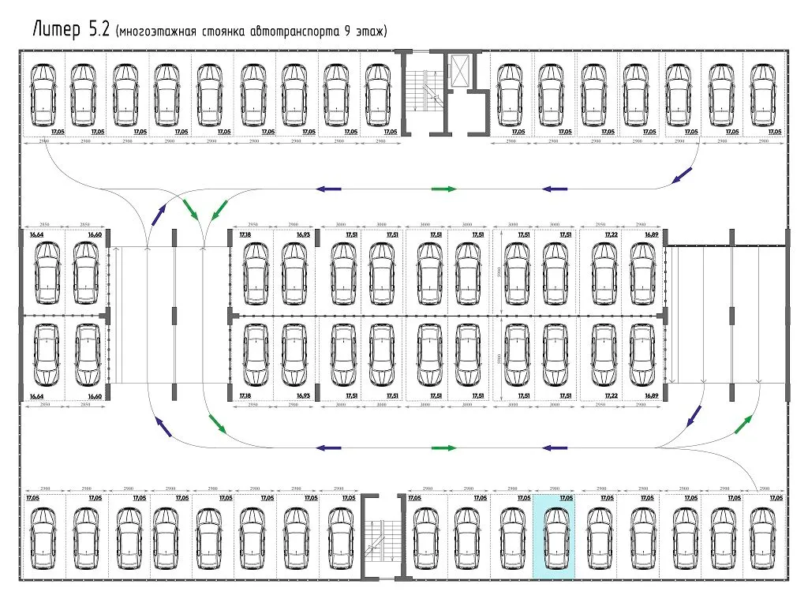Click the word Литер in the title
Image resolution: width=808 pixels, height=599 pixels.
pyautogui.click(x=55, y=30)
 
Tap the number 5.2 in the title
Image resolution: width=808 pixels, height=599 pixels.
pyautogui.click(x=99, y=30)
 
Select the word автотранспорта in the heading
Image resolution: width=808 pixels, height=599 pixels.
pyautogui.click(x=291, y=32)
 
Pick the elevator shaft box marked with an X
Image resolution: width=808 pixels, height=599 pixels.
pyautogui.click(x=458, y=69)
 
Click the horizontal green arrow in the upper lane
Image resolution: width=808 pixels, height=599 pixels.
pyautogui.click(x=443, y=189)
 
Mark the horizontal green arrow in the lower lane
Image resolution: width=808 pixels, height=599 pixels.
pyautogui.click(x=443, y=447)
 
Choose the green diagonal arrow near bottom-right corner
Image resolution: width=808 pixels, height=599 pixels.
pyautogui.click(x=743, y=425)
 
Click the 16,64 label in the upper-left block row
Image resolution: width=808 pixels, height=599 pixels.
pyautogui.click(x=36, y=234)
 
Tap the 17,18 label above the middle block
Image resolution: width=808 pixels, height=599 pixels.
pyautogui.click(x=245, y=234)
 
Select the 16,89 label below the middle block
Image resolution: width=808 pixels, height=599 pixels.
pyautogui.click(x=651, y=395)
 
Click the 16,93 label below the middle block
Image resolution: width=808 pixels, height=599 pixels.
pyautogui.click(x=304, y=395)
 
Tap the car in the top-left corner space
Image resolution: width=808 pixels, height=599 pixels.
pyautogui.click(x=43, y=95)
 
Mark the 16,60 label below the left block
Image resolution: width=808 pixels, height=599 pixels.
pyautogui.click(x=95, y=395)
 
